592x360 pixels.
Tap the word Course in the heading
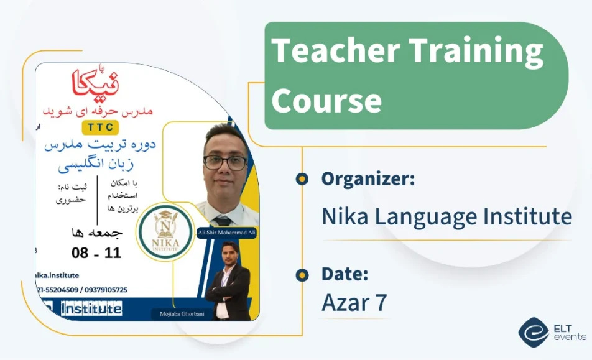point(326,100)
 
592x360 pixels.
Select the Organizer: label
point(368,179)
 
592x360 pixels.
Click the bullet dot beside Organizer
point(302,179)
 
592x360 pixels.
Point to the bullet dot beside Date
point(302,274)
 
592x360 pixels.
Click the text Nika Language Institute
point(446,216)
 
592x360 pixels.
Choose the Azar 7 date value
point(354,303)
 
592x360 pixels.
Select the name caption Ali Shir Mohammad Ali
point(226,233)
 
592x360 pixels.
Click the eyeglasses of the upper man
point(225,163)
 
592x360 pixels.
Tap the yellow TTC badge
point(101,126)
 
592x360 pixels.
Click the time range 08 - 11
point(96,253)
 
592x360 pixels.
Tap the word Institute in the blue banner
point(91,308)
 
